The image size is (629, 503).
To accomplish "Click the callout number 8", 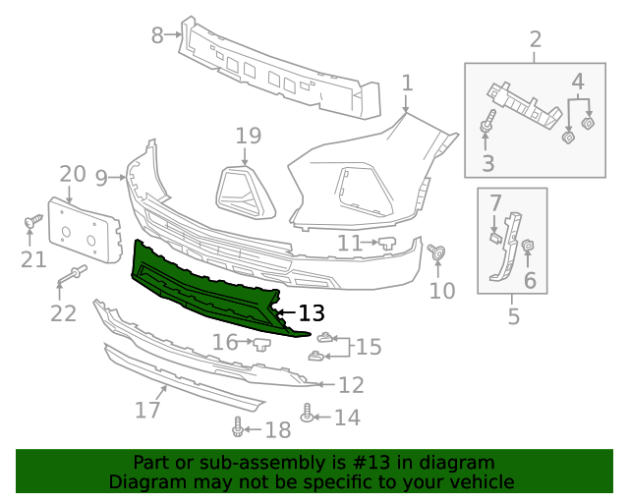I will coord(157,35).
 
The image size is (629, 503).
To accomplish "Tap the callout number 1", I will coord(407,84).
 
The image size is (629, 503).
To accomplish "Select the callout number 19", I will coord(248,137).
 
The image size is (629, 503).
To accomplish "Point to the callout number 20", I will coord(73,175).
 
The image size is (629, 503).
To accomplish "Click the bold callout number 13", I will coord(311,313).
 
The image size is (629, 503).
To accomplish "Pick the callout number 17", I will coord(147,408).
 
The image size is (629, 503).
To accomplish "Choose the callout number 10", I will coord(443,290).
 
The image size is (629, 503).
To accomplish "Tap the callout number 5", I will coord(513,316).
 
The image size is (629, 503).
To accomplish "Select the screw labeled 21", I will coord(32,223).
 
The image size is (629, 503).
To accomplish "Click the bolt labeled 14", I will coord(308,415).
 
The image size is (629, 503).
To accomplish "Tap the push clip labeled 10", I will coord(436,252).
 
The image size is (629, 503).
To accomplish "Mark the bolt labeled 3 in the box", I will coord(487,127).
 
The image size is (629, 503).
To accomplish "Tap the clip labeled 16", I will coord(262,343).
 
